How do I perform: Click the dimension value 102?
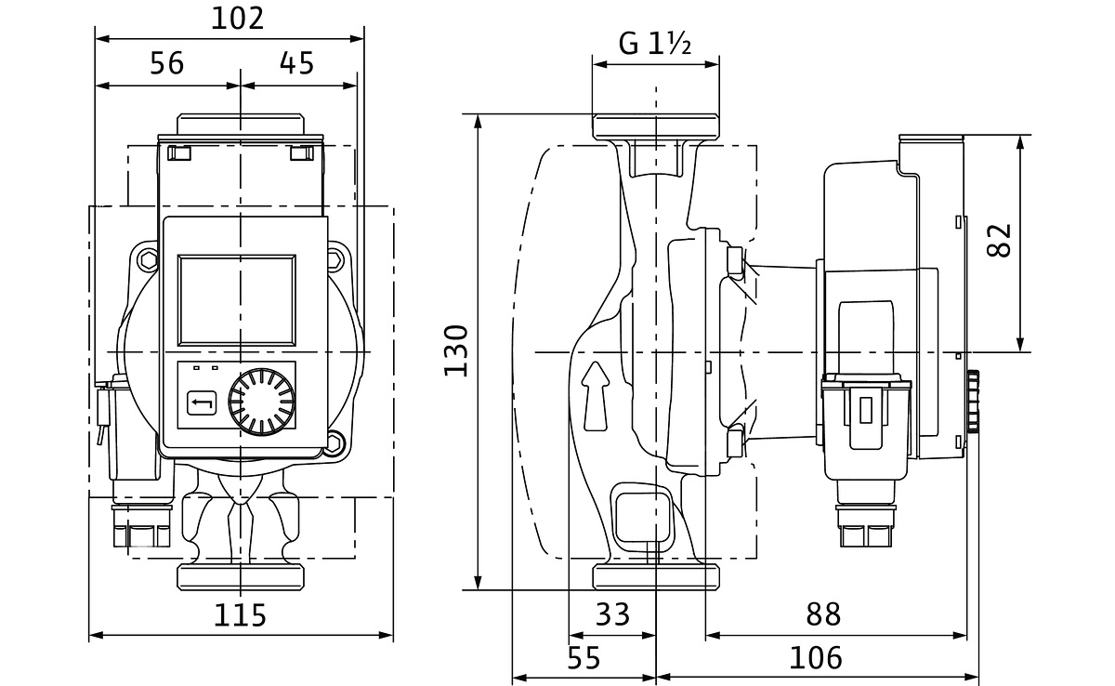click(237, 19)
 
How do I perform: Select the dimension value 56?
click(167, 63)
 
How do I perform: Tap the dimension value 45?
click(296, 63)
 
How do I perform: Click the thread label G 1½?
click(655, 44)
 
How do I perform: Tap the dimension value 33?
click(610, 614)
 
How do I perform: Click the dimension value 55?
click(584, 658)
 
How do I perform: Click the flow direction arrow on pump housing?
click(595, 396)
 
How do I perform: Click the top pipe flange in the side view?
click(656, 126)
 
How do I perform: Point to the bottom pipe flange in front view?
click(241, 574)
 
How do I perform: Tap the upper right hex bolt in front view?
click(334, 260)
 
